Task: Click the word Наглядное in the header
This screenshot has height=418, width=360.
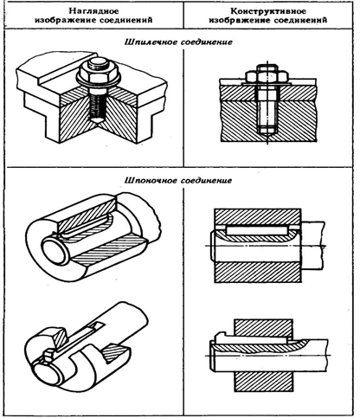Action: [94, 11]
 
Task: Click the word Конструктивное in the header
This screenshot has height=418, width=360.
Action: [268, 11]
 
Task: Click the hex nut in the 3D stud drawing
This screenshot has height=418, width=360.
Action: [98, 74]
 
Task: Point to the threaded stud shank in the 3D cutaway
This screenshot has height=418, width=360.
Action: [97, 104]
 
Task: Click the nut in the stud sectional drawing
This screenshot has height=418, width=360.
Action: [267, 76]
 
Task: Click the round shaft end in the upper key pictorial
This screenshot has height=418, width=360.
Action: [55, 250]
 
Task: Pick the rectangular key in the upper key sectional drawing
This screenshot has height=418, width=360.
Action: [257, 231]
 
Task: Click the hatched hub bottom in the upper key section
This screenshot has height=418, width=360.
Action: [258, 273]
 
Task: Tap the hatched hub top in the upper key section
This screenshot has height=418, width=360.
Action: [258, 216]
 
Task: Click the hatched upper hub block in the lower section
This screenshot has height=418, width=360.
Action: [263, 329]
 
